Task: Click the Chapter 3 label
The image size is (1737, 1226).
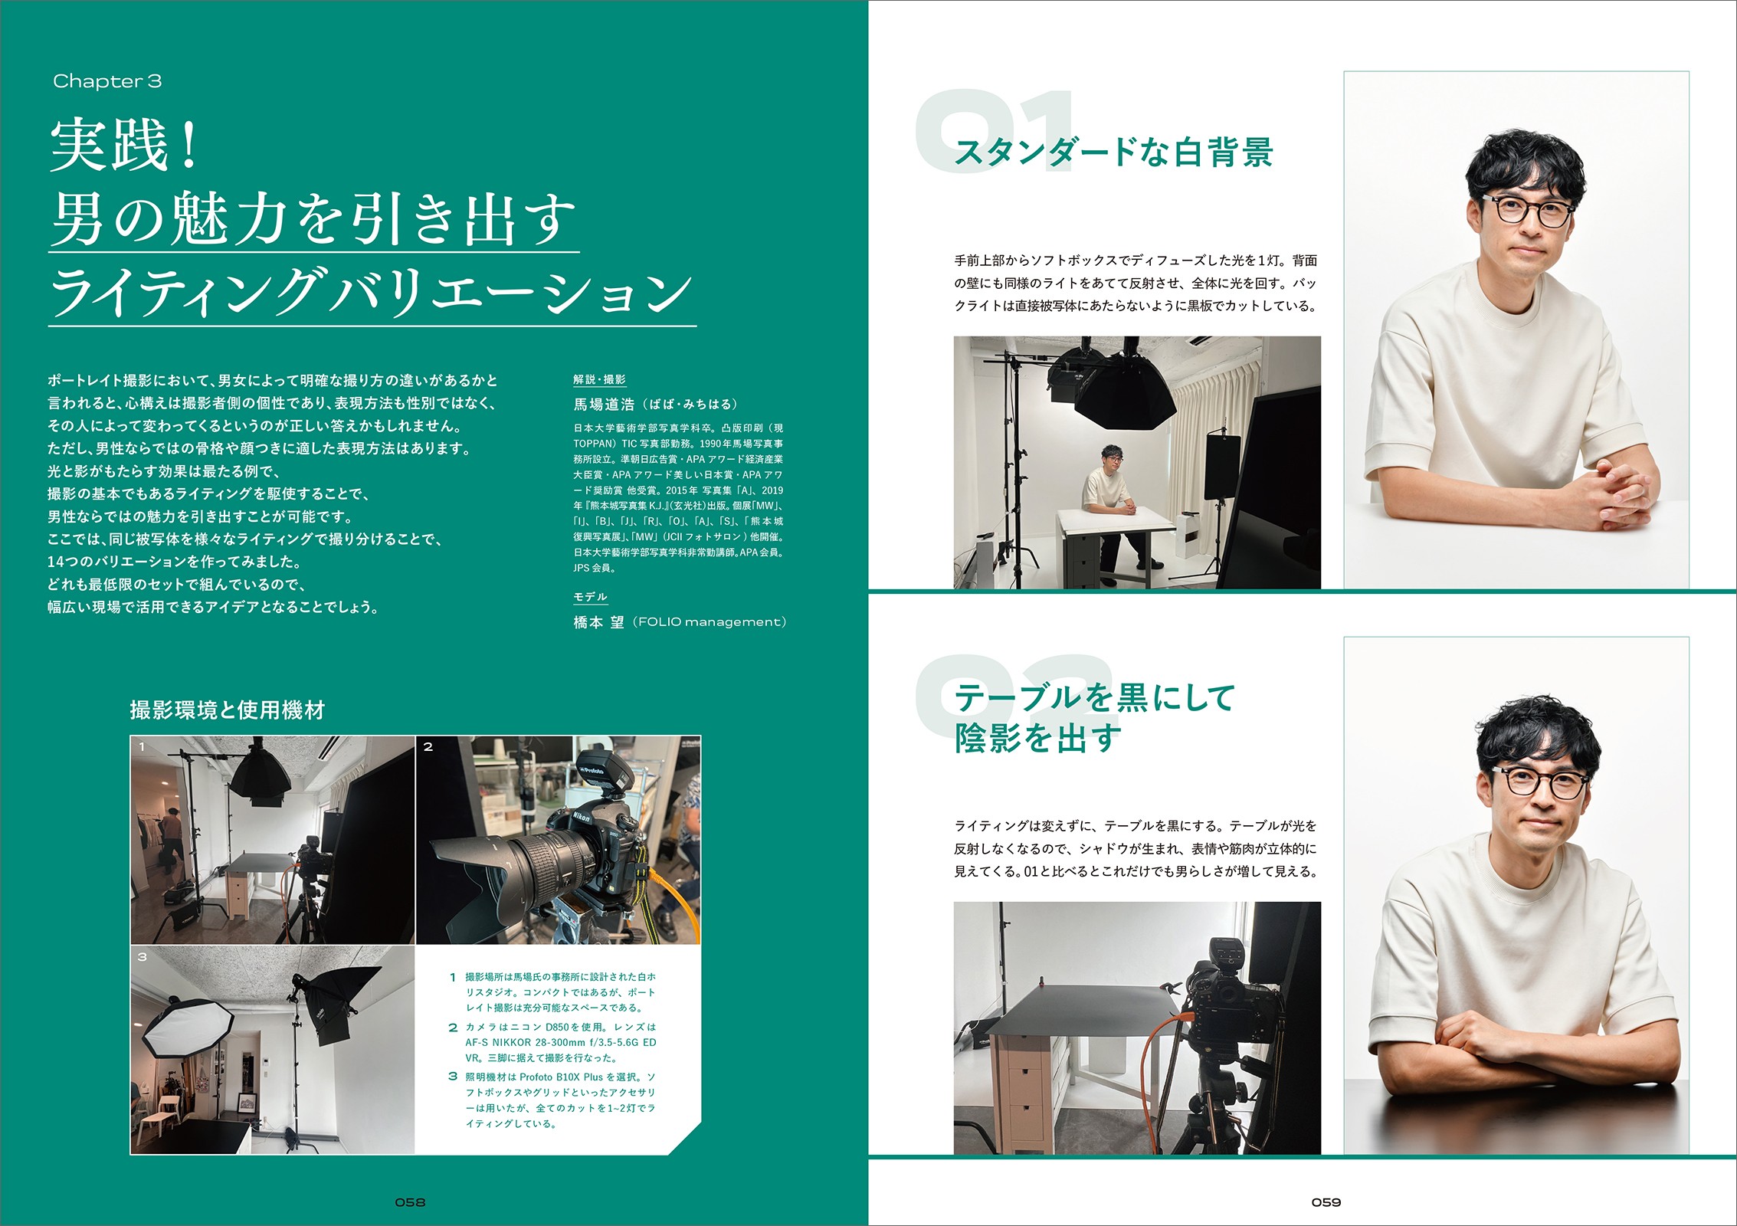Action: [107, 81]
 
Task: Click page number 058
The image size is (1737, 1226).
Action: [410, 1202]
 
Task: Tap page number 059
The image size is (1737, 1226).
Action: [1326, 1202]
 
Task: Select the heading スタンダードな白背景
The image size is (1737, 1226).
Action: [1113, 152]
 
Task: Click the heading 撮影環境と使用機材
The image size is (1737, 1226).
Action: [228, 710]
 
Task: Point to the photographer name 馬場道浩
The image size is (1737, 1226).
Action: [605, 404]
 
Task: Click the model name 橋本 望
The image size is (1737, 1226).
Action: [599, 622]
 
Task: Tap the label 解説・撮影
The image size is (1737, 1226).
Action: [599, 379]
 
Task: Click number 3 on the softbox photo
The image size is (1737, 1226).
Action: [142, 957]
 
